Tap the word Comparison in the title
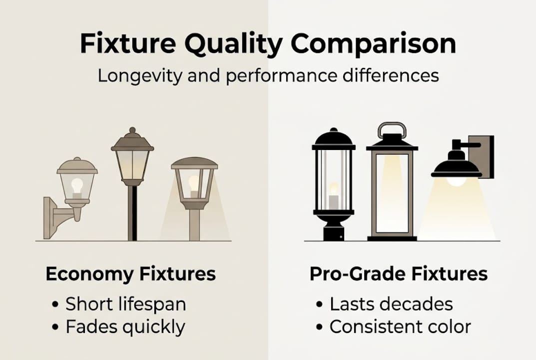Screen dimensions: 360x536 pos(374,44)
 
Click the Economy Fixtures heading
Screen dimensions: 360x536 pos(131,274)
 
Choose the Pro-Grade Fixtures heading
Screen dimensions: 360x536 pos(399,274)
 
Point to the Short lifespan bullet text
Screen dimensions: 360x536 pos(126,304)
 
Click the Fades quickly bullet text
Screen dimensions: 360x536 pos(125,327)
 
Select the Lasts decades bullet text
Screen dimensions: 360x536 pos(391,304)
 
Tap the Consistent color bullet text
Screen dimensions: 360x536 pos(400,327)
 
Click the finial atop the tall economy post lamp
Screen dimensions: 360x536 pos(132,131)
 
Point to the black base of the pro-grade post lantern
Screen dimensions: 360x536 pos(333,231)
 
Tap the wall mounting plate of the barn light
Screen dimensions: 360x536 pos(483,156)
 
